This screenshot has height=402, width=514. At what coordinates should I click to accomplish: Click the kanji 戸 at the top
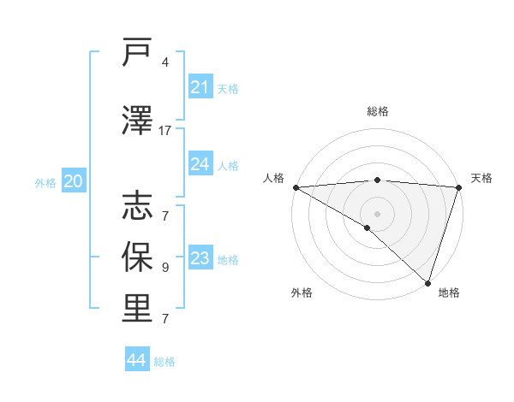coord(138,54)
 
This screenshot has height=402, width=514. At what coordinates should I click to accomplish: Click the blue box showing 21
coord(200,87)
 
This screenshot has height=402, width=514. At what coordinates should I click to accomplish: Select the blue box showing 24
coord(200,164)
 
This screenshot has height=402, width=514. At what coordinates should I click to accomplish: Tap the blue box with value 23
coord(200,258)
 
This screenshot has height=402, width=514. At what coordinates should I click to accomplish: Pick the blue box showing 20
coord(74,181)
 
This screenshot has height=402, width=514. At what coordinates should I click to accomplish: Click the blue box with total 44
coord(137,360)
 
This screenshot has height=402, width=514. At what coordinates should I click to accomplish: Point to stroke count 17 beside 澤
coord(165,131)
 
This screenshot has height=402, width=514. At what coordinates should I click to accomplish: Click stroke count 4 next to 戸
coord(165,62)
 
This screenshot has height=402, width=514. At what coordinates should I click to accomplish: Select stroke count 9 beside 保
coord(165,268)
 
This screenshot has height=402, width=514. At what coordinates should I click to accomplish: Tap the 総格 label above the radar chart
coord(378,111)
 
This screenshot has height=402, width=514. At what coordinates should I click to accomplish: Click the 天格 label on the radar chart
coord(481,178)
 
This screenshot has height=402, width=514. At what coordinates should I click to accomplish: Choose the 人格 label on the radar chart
coord(273,178)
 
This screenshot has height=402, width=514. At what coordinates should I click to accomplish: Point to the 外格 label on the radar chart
coord(302,293)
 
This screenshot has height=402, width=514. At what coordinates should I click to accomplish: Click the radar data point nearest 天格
coord(458,187)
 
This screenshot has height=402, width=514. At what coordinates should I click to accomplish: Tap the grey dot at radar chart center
coord(377,213)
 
